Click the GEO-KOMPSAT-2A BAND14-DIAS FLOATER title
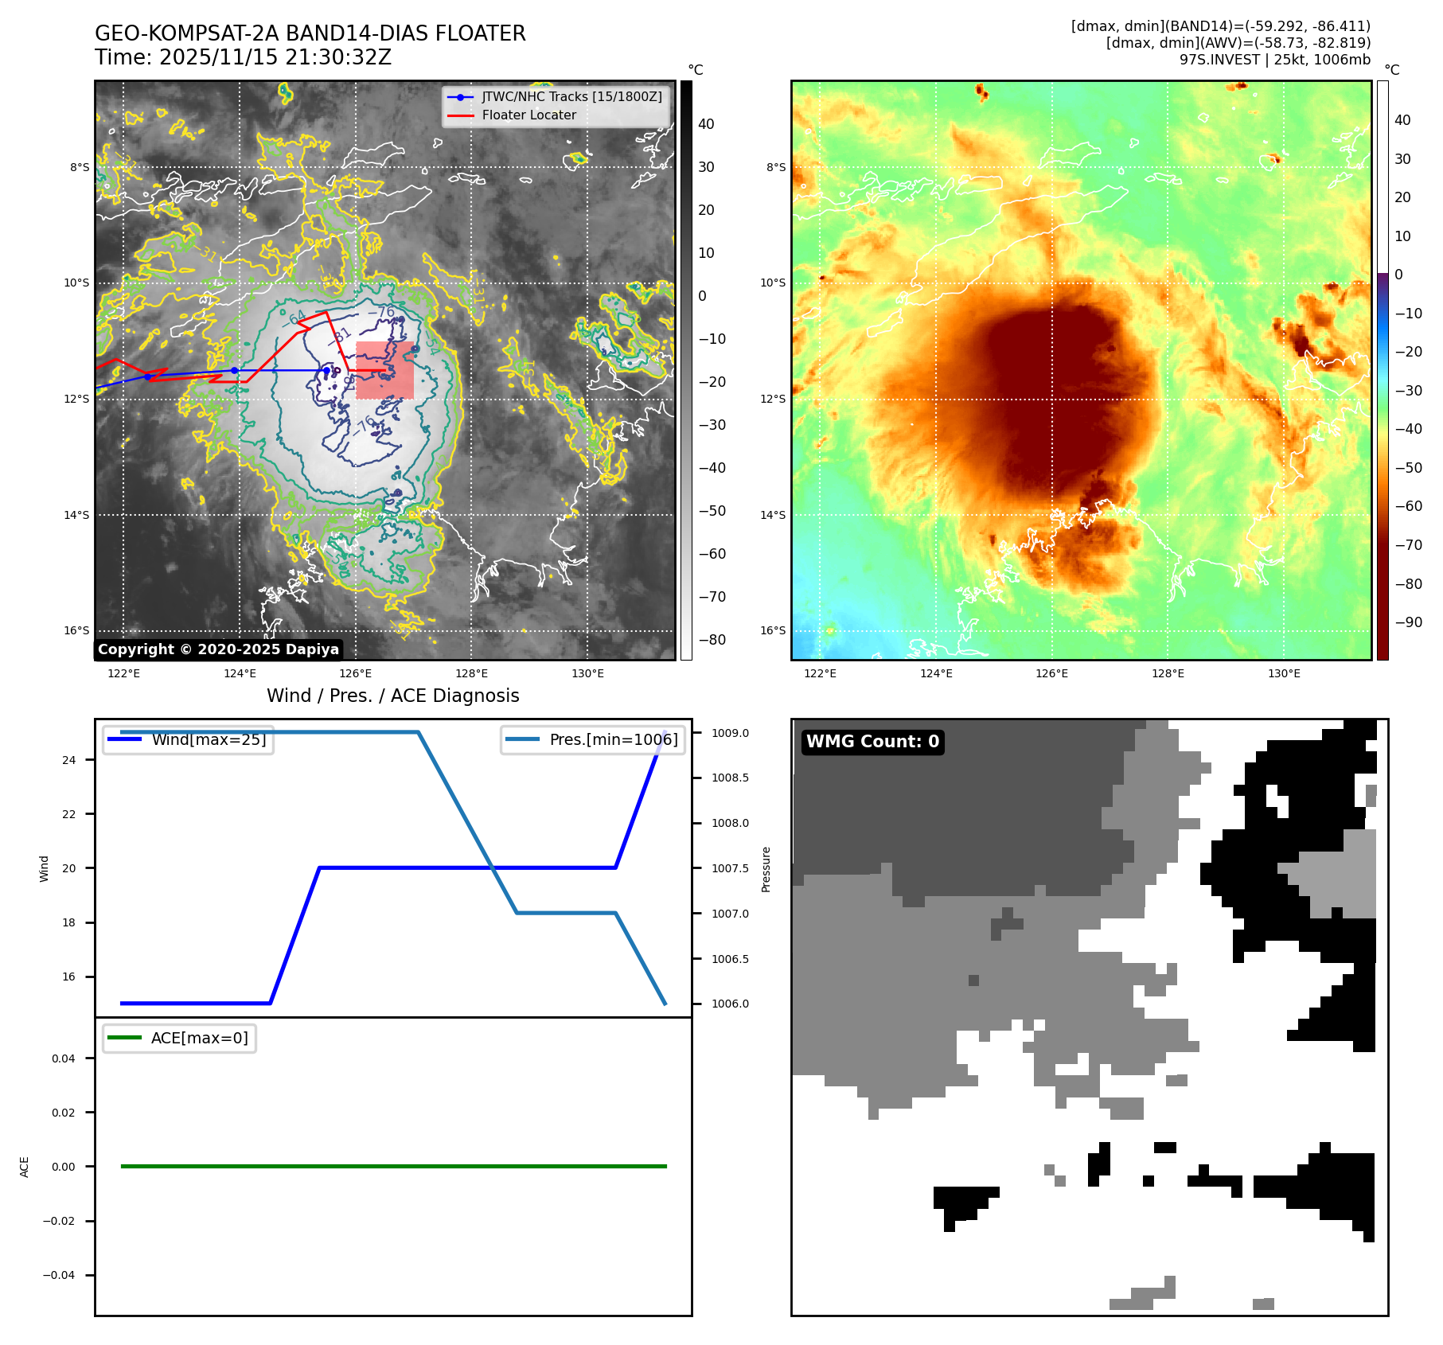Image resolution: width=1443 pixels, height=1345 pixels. [310, 33]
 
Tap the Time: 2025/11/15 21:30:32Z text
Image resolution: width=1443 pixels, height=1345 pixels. [243, 57]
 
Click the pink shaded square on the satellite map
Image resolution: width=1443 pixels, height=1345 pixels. [385, 370]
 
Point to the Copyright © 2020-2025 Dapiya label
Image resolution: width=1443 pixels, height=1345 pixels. [218, 649]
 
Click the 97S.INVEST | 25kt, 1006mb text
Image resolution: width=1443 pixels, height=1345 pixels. [1274, 60]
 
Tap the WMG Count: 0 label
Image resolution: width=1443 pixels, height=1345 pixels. [872, 742]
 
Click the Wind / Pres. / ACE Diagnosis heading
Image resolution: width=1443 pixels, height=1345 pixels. [392, 696]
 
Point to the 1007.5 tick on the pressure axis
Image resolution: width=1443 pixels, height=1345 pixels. [730, 868]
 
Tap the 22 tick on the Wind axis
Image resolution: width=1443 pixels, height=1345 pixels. [69, 814]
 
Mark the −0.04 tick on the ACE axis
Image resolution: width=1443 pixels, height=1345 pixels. [59, 1275]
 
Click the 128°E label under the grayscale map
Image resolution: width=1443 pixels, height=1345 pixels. [471, 674]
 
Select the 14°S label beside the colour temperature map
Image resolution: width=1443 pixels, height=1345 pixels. [773, 515]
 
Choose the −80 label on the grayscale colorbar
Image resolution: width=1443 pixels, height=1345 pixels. [712, 640]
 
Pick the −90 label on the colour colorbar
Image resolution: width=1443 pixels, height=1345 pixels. [1408, 622]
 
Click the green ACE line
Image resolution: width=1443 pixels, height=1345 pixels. [393, 1166]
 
